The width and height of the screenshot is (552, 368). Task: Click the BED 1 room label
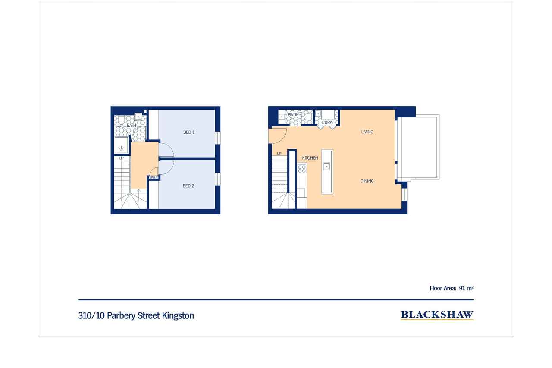pyautogui.click(x=189, y=132)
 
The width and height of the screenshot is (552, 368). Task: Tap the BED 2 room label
pyautogui.click(x=188, y=186)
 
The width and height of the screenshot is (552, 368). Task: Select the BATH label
pyautogui.click(x=132, y=126)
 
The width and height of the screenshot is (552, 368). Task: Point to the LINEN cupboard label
pyautogui.click(x=154, y=177)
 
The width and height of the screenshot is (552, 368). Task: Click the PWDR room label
pyautogui.click(x=293, y=115)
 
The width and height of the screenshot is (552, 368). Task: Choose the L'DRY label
pyautogui.click(x=327, y=123)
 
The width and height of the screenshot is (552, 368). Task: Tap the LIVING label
pyautogui.click(x=367, y=132)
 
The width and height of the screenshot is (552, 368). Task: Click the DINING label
pyautogui.click(x=367, y=181)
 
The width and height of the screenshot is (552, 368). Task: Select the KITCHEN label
pyautogui.click(x=310, y=158)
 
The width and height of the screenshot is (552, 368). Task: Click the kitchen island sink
pyautogui.click(x=326, y=167)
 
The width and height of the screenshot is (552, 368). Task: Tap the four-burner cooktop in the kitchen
pyautogui.click(x=302, y=169)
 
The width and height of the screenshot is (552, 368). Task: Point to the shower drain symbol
pyautogui.click(x=121, y=148)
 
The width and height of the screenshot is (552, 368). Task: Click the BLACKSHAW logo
pyautogui.click(x=437, y=315)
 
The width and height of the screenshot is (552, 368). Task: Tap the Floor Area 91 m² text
pyautogui.click(x=452, y=288)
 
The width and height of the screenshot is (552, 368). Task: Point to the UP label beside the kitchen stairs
pyautogui.click(x=279, y=154)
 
